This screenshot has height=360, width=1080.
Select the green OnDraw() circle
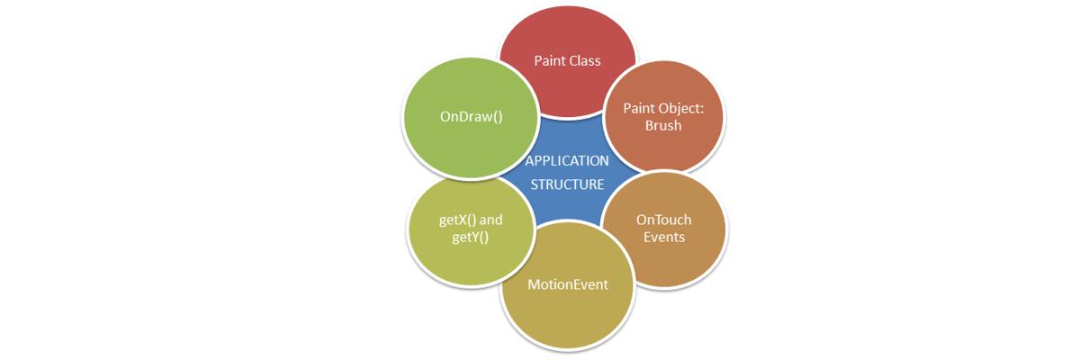470,116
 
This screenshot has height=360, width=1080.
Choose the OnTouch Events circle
663,229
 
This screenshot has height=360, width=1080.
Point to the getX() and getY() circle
470,229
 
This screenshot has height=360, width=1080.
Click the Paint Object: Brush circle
663,116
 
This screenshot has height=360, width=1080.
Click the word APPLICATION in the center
567,161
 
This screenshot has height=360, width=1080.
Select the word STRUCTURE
567,185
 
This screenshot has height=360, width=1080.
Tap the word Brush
663,126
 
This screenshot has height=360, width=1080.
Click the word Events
663,238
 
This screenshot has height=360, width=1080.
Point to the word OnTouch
663,220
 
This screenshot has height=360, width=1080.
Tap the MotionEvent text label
567,284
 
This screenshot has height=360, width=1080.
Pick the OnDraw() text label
470,116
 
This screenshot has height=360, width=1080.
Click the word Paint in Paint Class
550,60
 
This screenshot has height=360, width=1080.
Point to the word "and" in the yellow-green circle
490,219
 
